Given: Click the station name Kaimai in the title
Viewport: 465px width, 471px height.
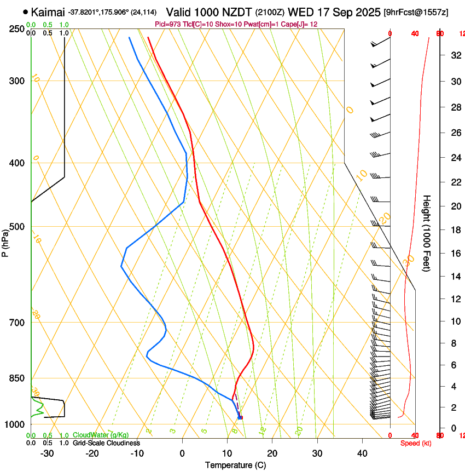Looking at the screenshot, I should click(48, 12).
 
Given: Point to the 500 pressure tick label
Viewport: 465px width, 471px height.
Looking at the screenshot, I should click(16, 227).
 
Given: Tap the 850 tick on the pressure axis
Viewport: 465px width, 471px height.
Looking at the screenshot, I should click(16, 378).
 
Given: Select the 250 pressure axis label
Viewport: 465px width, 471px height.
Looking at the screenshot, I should click(16, 29).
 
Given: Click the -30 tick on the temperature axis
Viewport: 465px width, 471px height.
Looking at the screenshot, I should click(47, 453).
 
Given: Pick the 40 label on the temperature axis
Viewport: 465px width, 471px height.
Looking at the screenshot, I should click(362, 453).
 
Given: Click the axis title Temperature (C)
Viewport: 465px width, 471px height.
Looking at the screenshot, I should click(235, 465).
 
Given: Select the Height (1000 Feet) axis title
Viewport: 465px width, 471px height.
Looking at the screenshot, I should click(427, 233).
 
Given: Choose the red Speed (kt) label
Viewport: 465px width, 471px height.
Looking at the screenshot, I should click(415, 443).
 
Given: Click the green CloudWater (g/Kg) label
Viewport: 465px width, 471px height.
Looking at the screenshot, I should click(101, 435).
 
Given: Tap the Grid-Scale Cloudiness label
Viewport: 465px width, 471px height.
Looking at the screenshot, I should click(106, 443).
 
